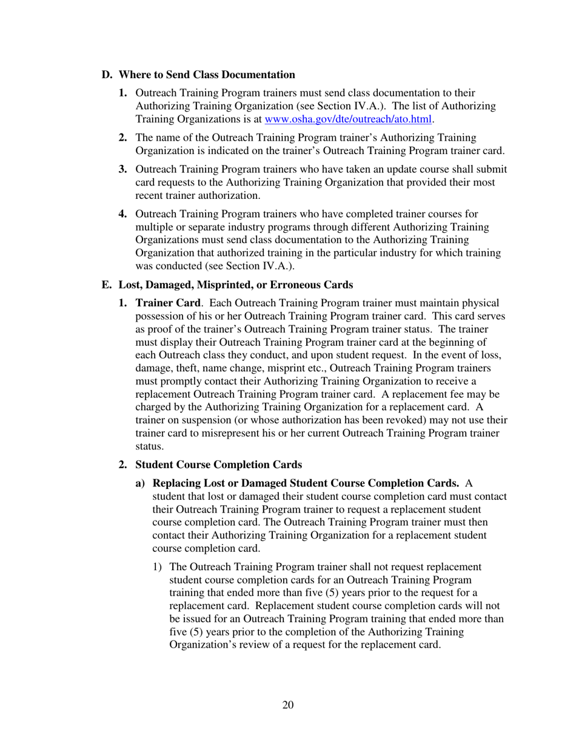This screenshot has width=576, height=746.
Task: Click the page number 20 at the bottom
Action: tap(288, 704)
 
